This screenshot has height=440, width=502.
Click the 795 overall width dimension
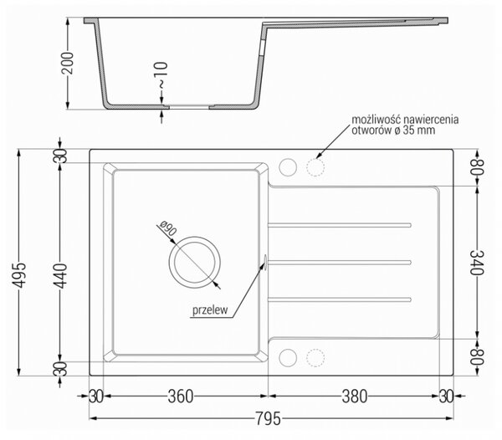(x=268, y=418)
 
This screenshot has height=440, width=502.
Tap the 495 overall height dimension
(x=20, y=275)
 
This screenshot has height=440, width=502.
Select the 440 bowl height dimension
(x=60, y=275)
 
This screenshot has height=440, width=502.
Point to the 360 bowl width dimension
(x=181, y=397)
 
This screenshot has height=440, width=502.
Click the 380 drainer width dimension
(x=355, y=397)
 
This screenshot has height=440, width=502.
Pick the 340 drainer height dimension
(x=476, y=263)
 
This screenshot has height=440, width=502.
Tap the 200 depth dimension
(x=68, y=63)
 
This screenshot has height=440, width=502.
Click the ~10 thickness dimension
(x=161, y=75)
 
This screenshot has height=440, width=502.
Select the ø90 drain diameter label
(x=168, y=228)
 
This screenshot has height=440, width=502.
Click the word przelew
(x=210, y=310)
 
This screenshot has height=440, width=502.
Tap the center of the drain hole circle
(x=195, y=263)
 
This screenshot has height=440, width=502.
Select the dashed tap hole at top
(x=315, y=167)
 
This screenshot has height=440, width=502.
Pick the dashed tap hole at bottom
(x=315, y=358)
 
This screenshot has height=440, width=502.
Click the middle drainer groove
(x=340, y=263)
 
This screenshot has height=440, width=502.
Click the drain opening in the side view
(x=189, y=107)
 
